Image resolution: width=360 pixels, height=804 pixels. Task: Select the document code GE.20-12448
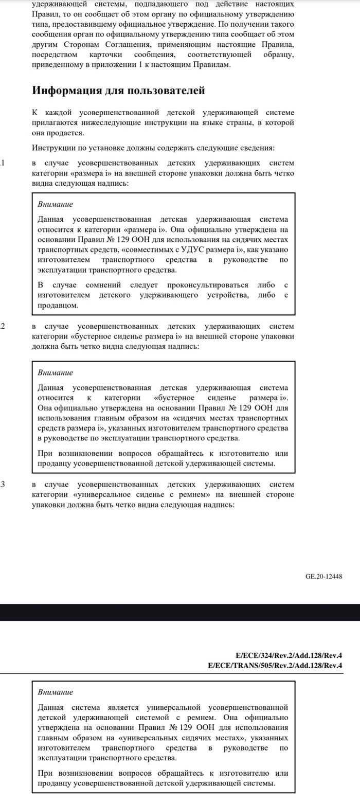(x=323, y=576)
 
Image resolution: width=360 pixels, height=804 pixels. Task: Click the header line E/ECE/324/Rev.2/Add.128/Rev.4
(x=289, y=655)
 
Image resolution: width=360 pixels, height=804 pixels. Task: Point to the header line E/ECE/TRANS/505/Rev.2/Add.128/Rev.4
(x=275, y=666)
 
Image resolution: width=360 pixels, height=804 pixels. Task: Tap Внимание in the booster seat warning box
(x=56, y=372)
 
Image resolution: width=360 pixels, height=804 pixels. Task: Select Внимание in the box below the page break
(x=56, y=692)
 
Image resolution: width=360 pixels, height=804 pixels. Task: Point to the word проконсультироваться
(x=211, y=285)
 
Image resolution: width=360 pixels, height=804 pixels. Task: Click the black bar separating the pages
(x=180, y=612)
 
